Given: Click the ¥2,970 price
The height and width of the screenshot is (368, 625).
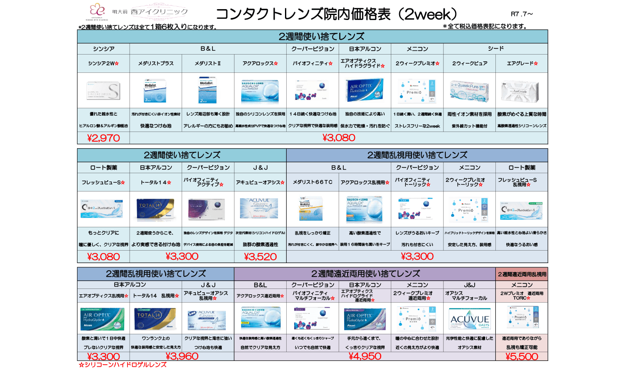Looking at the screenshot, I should pyautogui.click(x=103, y=138).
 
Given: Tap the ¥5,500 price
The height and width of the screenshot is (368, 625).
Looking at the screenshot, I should pyautogui.click(x=522, y=357).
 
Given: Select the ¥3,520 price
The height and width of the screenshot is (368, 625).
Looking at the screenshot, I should pyautogui.click(x=260, y=257).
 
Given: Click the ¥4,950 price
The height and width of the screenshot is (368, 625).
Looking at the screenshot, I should pyautogui.click(x=365, y=356).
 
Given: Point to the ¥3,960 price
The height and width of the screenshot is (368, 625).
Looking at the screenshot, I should pyautogui.click(x=182, y=356).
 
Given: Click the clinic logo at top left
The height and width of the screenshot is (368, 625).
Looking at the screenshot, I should pyautogui.click(x=97, y=12).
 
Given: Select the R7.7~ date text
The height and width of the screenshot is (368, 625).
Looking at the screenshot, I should pyautogui.click(x=522, y=14).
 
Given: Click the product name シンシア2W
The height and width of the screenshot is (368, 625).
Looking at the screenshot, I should pyautogui.click(x=103, y=64).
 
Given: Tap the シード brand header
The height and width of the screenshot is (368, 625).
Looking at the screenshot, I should pyautogui.click(x=495, y=49).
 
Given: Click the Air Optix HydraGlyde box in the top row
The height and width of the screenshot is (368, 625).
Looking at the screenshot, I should pyautogui.click(x=365, y=90).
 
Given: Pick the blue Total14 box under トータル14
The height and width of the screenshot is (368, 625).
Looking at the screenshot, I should pyautogui.click(x=155, y=209).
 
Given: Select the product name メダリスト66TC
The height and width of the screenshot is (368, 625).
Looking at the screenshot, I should pyautogui.click(x=312, y=182).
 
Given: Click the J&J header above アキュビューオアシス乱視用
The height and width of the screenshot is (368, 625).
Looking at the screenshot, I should pyautogui.click(x=208, y=285).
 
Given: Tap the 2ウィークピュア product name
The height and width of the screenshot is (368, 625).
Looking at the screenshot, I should pyautogui.click(x=470, y=64).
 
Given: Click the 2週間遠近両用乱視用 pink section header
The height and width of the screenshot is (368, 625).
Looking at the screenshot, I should pyautogui.click(x=522, y=274).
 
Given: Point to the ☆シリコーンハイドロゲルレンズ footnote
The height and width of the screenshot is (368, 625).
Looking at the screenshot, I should pyautogui.click(x=122, y=365).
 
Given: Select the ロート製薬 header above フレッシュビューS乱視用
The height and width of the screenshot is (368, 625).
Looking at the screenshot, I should pyautogui.click(x=522, y=168).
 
